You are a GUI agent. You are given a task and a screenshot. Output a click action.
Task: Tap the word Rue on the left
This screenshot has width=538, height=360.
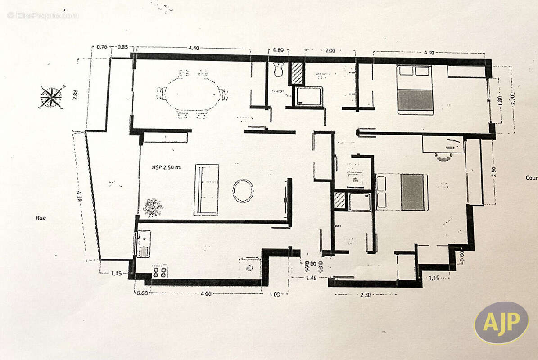tap(41, 218)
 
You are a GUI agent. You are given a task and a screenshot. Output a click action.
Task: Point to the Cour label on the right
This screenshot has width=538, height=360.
tap(531, 178)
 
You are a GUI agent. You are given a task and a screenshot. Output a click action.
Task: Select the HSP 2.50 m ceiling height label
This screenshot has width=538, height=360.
tap(166, 167)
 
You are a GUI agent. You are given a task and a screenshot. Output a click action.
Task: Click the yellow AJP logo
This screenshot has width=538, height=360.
tap(501, 323)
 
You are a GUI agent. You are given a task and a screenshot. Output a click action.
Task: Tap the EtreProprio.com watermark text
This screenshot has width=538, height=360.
tap(43, 15)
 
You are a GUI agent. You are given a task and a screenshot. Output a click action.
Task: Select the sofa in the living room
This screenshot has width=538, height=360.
tap(206, 190)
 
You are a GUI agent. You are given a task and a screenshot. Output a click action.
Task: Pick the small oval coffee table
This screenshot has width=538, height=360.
tap(243, 190)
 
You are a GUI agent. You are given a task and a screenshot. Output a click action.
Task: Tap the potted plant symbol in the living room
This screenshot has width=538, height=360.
tap(153, 207)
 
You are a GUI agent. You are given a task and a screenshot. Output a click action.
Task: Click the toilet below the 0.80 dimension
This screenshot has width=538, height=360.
tap(279, 70)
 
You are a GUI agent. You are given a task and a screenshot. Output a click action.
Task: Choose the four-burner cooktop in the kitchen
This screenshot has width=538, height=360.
tap(159, 271)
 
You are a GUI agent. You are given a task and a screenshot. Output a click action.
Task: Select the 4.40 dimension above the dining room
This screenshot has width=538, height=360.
tap(194, 48)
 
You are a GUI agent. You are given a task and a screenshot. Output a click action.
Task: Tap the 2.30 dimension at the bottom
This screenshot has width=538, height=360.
tap(365, 295)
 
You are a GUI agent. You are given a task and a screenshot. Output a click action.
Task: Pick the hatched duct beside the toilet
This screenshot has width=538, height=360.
tap(296, 73)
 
